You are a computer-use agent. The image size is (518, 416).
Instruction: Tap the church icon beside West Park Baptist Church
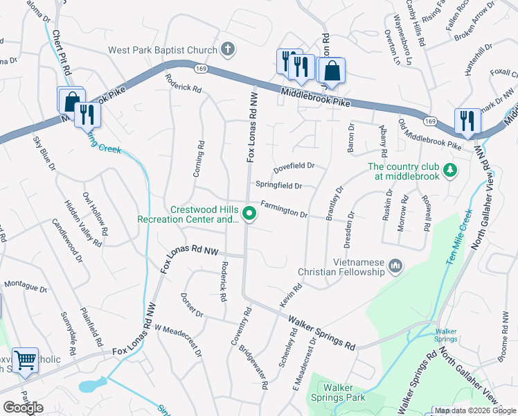pyautogui.click(x=227, y=50)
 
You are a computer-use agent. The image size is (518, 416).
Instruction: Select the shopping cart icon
pyautogui.click(x=25, y=360)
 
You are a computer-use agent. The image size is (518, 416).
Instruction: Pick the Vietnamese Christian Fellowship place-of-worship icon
pyautogui.click(x=396, y=266)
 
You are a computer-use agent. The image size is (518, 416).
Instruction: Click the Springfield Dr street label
pyautogui.click(x=278, y=185)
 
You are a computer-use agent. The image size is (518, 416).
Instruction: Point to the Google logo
pyautogui.click(x=24, y=408)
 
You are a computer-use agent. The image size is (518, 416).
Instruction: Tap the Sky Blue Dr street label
pyautogui.click(x=44, y=153)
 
